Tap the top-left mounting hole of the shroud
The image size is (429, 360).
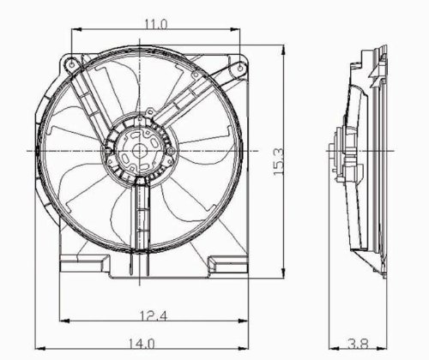click(x=69, y=63)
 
